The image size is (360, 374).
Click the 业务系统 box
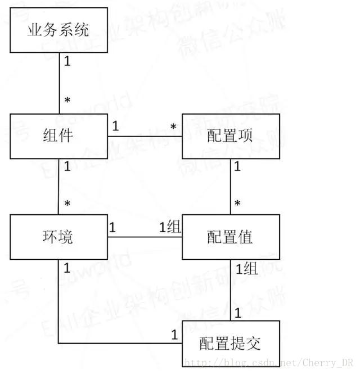point(59,30)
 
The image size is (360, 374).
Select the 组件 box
point(59,136)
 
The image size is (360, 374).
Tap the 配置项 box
point(231,136)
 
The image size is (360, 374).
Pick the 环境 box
point(59,236)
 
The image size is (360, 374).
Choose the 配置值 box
point(231,236)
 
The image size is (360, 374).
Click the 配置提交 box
point(231,343)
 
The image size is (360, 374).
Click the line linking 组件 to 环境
point(59,186)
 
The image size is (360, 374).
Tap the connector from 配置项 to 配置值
point(231,186)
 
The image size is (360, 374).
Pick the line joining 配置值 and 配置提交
point(231,290)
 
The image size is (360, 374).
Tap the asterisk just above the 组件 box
point(67,102)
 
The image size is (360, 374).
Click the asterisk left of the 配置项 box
point(173,128)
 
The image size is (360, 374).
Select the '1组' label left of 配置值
point(170,227)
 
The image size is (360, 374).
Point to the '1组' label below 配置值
point(246,268)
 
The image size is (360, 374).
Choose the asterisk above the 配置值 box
point(237,204)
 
